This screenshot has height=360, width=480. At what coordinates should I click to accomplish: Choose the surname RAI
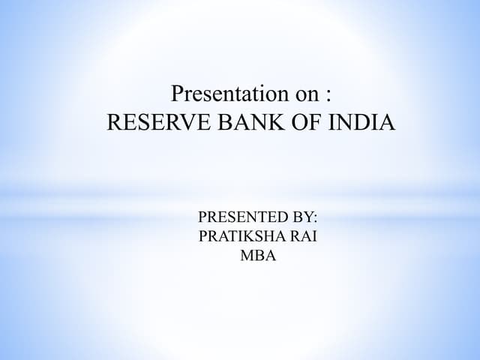[x=303, y=237]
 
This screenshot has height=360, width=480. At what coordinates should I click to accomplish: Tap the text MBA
[x=258, y=256]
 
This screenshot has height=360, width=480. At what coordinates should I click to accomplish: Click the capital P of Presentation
[x=178, y=95]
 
